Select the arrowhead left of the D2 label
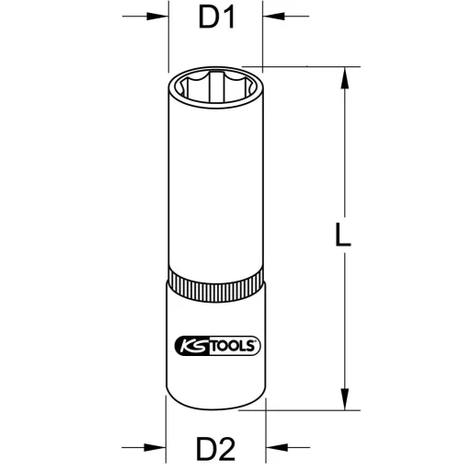157,450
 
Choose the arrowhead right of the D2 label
273,450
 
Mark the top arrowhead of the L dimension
344,78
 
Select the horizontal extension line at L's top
308,67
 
